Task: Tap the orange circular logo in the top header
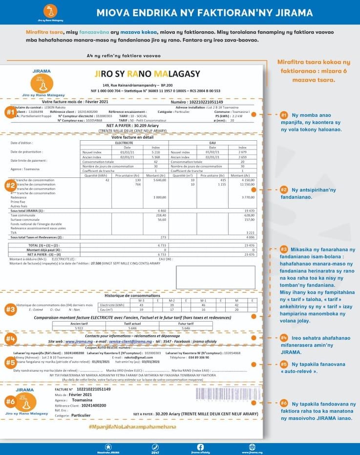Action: (47, 11)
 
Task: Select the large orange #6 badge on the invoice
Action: (10, 401)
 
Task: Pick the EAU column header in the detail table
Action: (212, 143)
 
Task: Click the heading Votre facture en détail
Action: (132, 137)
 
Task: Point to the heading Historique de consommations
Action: (132, 295)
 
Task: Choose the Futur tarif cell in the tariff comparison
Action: (185, 324)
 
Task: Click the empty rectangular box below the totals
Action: (215, 277)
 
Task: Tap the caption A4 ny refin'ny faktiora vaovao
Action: (123, 56)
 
